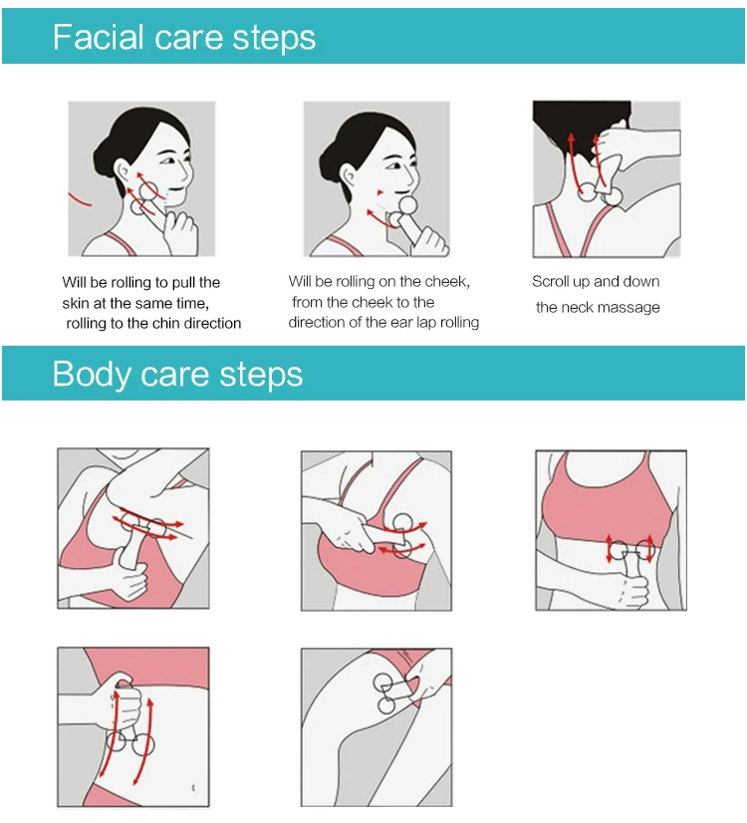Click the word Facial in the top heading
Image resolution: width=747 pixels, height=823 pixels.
(x=98, y=37)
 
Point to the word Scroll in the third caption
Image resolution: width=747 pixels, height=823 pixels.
(x=550, y=282)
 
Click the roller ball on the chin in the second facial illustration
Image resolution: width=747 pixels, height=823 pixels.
(x=407, y=205)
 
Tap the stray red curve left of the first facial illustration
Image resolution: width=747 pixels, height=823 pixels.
(x=80, y=199)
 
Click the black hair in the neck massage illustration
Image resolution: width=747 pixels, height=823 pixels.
(x=581, y=127)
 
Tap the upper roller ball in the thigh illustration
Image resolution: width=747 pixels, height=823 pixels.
(x=382, y=683)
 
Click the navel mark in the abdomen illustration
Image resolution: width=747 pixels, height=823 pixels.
(x=193, y=787)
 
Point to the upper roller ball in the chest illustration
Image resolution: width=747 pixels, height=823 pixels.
(x=402, y=523)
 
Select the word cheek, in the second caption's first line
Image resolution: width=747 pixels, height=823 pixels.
(x=448, y=282)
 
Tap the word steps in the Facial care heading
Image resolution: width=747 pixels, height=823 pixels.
(x=274, y=38)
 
